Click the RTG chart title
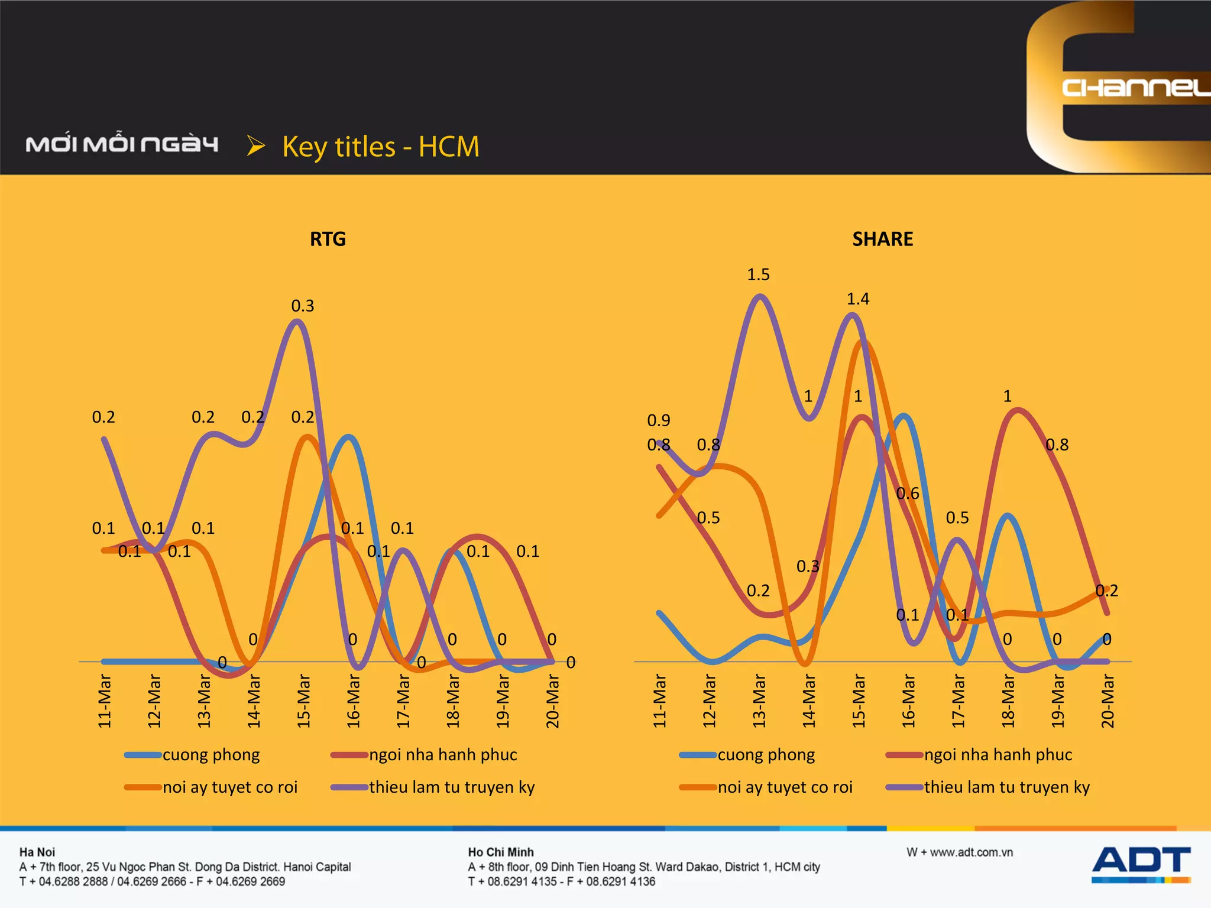328,239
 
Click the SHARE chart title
882,239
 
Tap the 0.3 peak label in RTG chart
302,306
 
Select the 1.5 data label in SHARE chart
758,274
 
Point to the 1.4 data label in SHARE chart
857,299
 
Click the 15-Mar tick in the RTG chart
303,701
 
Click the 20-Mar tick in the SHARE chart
1108,701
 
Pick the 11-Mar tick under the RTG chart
104,701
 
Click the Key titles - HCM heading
380,147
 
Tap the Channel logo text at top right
1135,87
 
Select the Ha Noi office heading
37,852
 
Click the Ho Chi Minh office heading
500,852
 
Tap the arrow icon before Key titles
255,145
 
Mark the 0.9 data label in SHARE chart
658,420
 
